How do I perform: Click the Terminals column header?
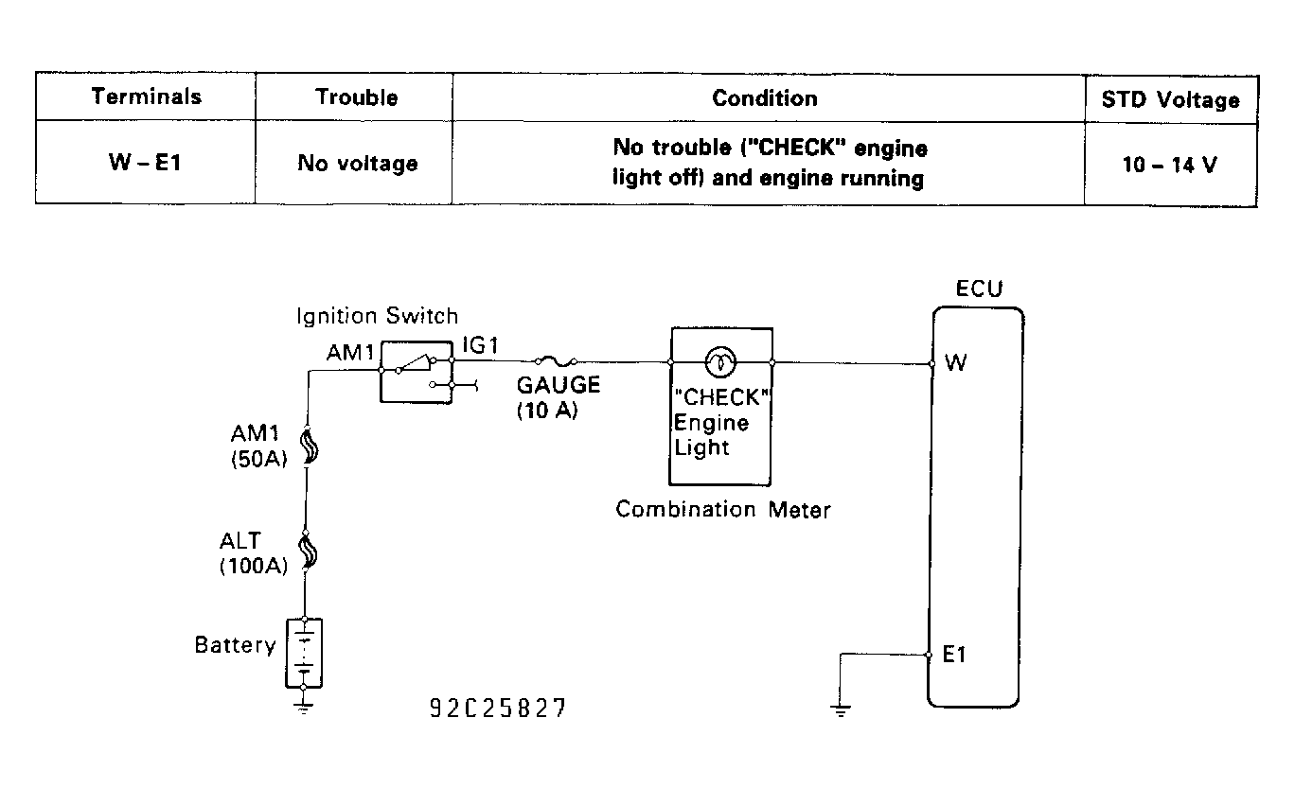[146, 96]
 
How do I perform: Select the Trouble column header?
[356, 97]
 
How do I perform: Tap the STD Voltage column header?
[1170, 99]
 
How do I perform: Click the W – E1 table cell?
[146, 163]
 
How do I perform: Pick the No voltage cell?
[356, 163]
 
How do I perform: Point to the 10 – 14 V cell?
[1170, 164]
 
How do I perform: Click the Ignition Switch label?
[377, 316]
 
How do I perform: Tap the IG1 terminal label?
[480, 347]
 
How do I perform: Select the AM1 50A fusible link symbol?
[307, 447]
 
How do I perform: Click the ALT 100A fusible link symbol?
[307, 550]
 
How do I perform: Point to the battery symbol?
[304, 653]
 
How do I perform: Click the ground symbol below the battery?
[304, 705]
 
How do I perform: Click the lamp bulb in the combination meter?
[721, 360]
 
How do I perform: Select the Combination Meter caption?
[722, 510]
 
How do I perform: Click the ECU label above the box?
[978, 289]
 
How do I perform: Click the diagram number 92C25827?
[498, 709]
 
